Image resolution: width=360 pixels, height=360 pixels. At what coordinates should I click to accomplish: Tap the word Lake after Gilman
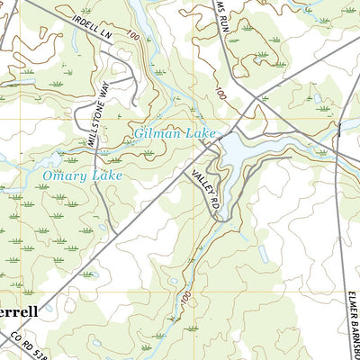tap(200, 134)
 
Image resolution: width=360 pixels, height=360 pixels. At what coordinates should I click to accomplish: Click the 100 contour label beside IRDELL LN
tap(132, 37)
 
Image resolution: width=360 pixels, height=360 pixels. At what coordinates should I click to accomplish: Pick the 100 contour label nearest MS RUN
tap(220, 94)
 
